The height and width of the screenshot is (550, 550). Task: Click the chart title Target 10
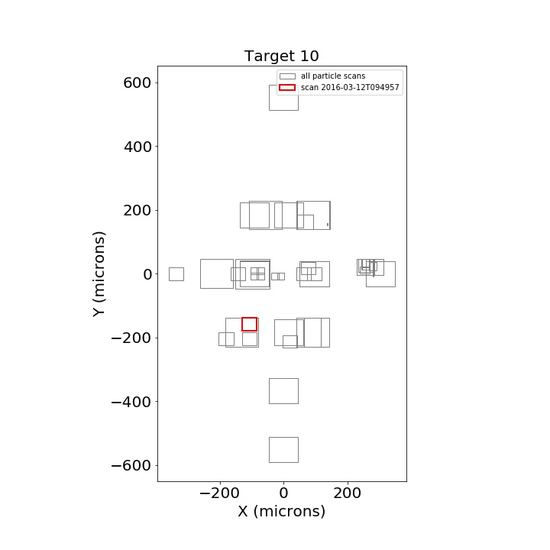[x=281, y=56]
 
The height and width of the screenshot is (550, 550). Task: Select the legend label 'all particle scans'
[x=333, y=76]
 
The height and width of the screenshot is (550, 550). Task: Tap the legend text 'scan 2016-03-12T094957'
[x=350, y=87]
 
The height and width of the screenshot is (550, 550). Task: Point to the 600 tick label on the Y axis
[x=137, y=83]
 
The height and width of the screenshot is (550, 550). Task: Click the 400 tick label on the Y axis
[x=137, y=147]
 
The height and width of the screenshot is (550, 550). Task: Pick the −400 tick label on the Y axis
[x=131, y=402]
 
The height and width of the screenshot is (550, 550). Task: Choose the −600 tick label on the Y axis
[x=131, y=466]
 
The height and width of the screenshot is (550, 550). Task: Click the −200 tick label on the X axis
[x=219, y=493]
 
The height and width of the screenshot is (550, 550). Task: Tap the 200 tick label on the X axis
[x=348, y=493]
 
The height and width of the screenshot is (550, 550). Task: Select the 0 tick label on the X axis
[x=283, y=493]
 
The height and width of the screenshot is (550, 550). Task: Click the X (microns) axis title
[x=282, y=511]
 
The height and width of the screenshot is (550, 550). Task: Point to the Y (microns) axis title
[x=99, y=273]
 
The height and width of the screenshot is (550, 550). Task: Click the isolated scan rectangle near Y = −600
[x=270, y=450]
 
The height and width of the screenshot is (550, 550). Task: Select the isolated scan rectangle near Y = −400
[x=270, y=391]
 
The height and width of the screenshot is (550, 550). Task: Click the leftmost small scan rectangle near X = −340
[x=169, y=274]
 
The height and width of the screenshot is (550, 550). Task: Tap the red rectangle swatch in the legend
[x=287, y=87]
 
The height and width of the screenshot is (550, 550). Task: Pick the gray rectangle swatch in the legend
[x=287, y=76]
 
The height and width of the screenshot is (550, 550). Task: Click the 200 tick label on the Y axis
[x=137, y=211]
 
